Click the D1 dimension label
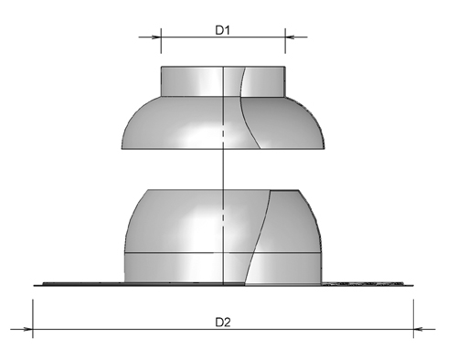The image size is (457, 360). [222, 30]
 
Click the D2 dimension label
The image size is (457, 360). [222, 320]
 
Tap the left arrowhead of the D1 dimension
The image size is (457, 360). [155, 37]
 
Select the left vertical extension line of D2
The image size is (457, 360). [33, 311]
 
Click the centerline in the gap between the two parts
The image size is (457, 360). [223, 169]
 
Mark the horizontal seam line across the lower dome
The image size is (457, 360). [183, 250]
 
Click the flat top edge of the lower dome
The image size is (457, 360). [219, 189]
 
